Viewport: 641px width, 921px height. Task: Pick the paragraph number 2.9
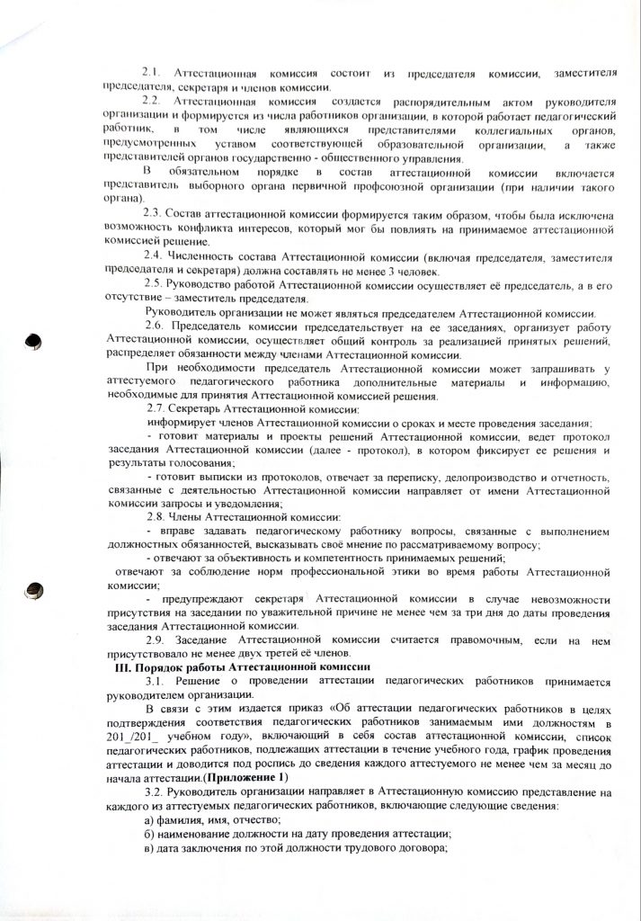157,637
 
